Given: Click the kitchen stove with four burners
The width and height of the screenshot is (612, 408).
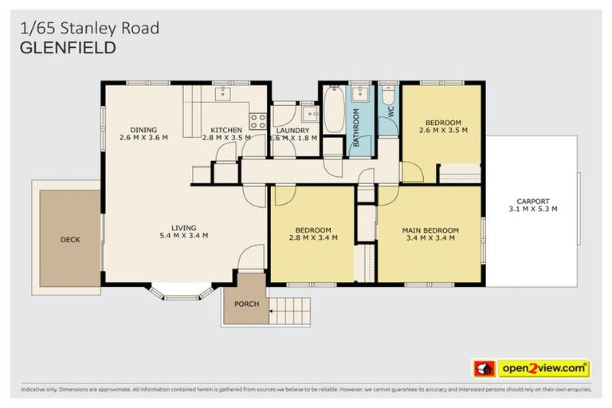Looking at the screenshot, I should point(258,121).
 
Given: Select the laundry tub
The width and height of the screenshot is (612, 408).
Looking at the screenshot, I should point(309,116).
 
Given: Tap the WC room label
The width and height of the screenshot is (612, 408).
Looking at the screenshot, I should point(390,112).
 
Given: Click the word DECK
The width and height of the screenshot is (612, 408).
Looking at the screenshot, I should point(70,239).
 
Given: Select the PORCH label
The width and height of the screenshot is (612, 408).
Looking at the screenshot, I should point(246,304).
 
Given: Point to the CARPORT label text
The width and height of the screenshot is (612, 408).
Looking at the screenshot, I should point(533,201).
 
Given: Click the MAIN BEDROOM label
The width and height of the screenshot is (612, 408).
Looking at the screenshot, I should point(430,228).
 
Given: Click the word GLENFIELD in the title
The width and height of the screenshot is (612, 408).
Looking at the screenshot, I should point(68,48).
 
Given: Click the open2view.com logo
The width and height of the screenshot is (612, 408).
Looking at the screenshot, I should point(543,368).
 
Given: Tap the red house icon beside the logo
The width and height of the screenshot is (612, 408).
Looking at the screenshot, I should point(484,368).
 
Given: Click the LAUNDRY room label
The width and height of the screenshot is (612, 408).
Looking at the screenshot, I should point(293,131).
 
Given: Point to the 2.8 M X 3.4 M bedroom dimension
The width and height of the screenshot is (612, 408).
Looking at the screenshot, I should point(312,237).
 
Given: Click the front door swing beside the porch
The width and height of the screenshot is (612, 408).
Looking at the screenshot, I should point(251,257).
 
